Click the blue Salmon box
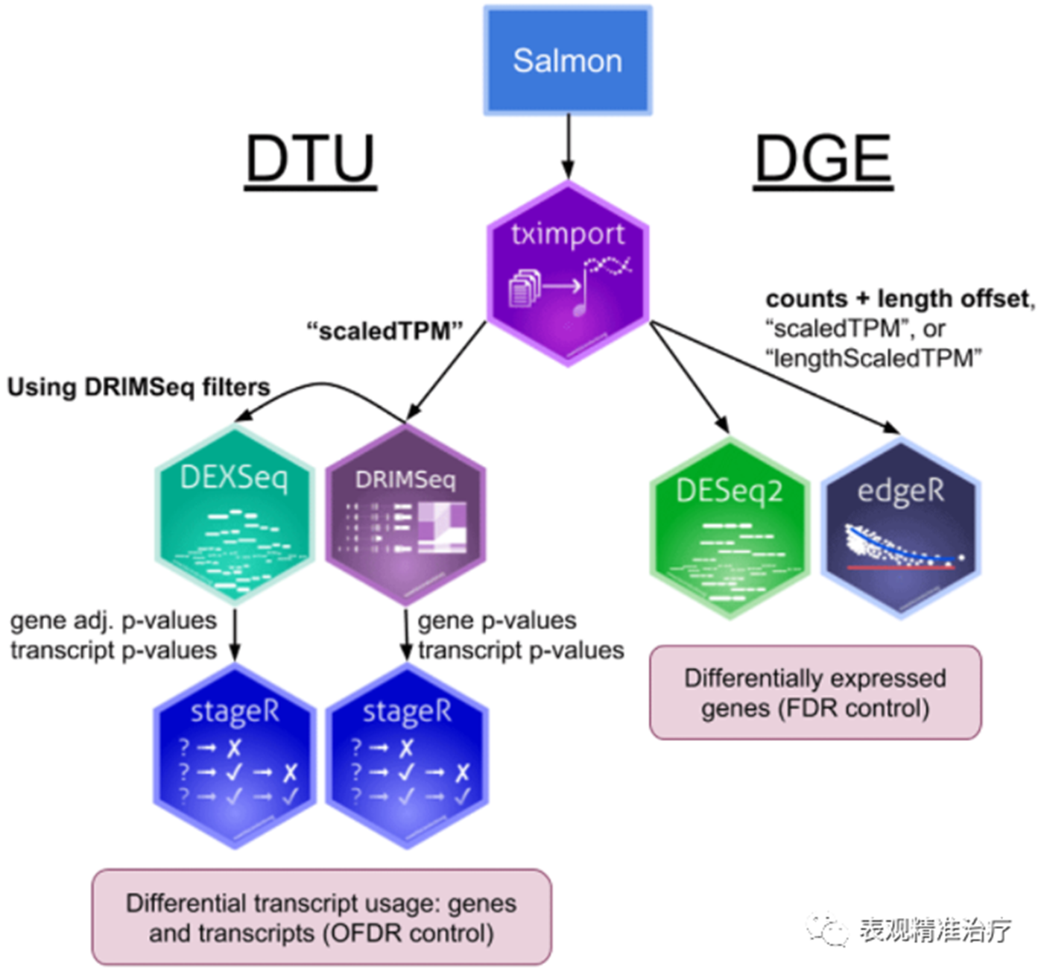pos(567,60)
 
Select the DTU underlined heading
pos(310,159)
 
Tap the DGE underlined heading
pos(823,159)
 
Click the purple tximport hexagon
pos(567,274)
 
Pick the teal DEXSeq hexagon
pos(234,514)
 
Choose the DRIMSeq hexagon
pos(405,514)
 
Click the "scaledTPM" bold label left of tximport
pos(385,330)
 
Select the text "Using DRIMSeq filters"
pos(139,388)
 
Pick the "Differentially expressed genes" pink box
pos(815,693)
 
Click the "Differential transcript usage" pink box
pos(321,918)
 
